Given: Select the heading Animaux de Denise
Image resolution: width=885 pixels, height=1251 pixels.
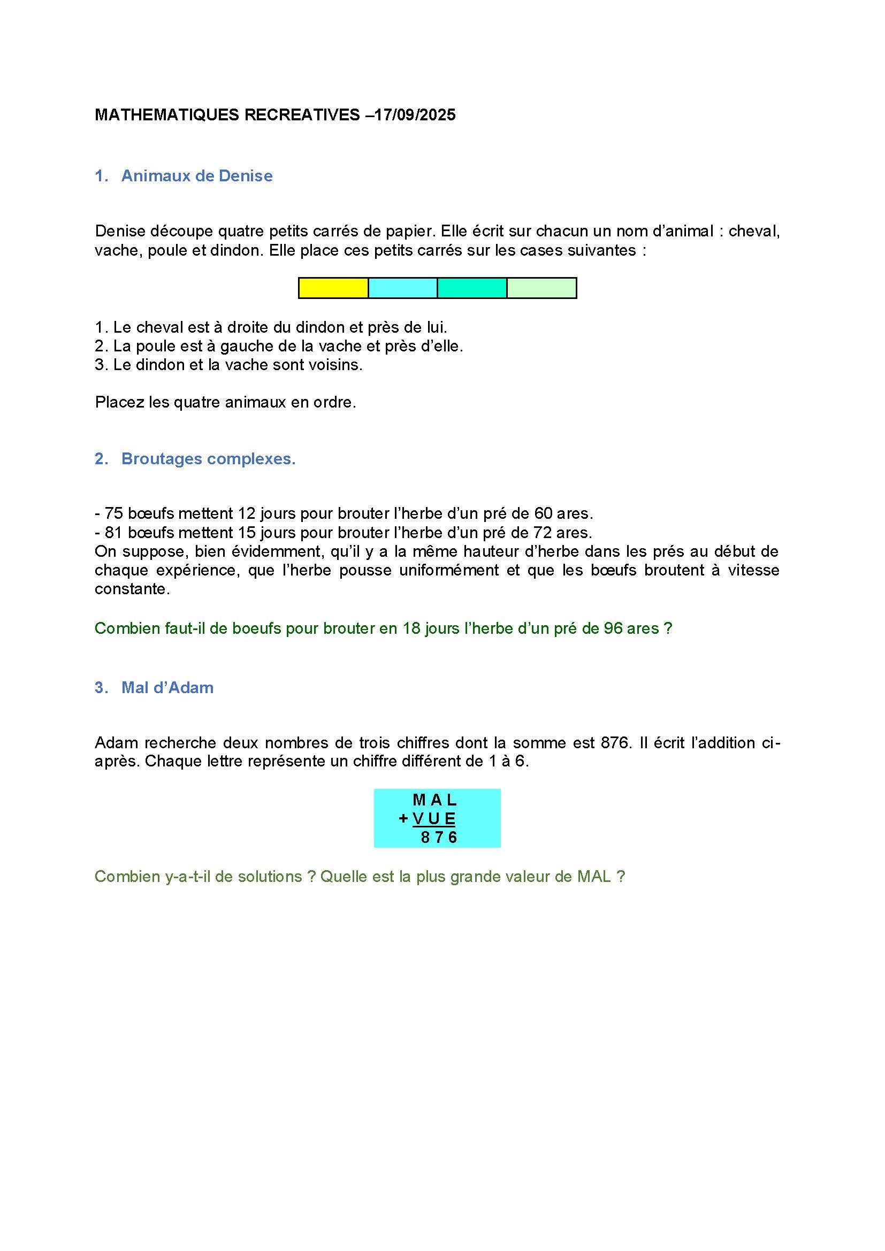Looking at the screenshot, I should pos(197,176).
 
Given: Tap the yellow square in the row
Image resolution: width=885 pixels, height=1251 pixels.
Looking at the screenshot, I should pos(333,288).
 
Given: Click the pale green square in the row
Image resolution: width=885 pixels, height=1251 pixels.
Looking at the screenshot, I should pos(541,288).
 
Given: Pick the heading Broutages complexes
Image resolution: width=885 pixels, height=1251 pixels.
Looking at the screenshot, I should pos(208,459).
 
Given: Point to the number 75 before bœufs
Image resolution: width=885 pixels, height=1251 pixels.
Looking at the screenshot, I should pos(113,513).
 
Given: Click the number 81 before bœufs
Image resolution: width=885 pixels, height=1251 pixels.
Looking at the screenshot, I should pos(113,532).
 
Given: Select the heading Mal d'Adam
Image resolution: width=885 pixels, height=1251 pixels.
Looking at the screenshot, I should pos(167,688).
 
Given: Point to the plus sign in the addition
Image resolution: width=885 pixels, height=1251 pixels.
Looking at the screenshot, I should pos(403,818).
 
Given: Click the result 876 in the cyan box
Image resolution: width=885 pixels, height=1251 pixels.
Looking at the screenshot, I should pos(439,837).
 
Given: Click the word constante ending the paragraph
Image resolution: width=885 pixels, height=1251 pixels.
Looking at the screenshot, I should pos(131,589).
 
